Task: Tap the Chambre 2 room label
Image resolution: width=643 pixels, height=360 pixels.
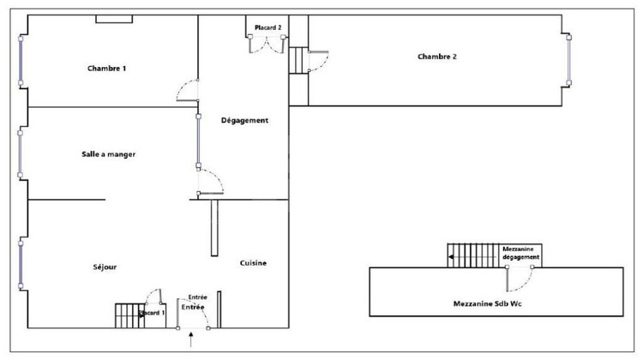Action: [436, 57]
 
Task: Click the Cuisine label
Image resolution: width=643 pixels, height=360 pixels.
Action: [253, 262]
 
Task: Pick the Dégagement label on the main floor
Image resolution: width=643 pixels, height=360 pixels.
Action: [244, 121]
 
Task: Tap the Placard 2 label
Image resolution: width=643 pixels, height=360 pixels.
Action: [267, 28]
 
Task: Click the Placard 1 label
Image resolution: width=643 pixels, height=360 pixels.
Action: [151, 313]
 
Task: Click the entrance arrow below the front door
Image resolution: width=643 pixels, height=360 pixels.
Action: [190, 342]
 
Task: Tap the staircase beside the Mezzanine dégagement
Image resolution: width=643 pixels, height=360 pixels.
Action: [472, 255]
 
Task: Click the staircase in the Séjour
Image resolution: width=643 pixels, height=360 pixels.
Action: [128, 315]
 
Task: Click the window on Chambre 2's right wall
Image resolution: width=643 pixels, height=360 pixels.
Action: [568, 60]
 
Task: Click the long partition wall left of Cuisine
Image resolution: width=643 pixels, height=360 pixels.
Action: [213, 230]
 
